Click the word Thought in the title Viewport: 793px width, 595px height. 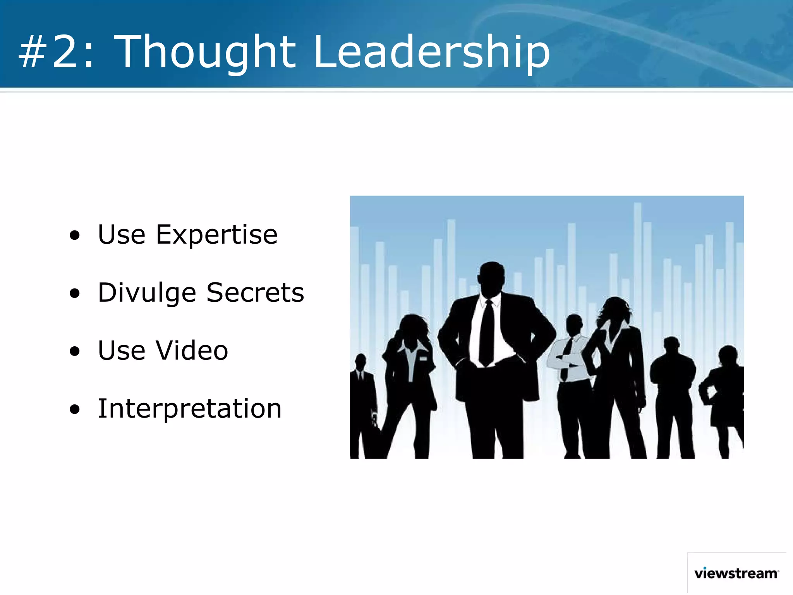[x=205, y=52]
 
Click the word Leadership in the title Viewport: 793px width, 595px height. [x=432, y=52]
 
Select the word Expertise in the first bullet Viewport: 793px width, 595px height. [x=217, y=236]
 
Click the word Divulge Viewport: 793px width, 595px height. [x=147, y=293]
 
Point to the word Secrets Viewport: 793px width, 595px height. [x=255, y=293]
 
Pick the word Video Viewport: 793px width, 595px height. [x=192, y=351]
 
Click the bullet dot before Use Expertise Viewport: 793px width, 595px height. [x=75, y=236]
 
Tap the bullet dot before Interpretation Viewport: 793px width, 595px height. [x=75, y=409]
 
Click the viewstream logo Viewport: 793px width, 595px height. [x=736, y=573]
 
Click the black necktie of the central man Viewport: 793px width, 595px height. [x=487, y=333]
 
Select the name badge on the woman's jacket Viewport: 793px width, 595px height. [x=423, y=358]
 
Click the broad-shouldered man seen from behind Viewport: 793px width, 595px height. [x=673, y=387]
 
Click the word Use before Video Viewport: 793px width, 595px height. [x=122, y=351]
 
